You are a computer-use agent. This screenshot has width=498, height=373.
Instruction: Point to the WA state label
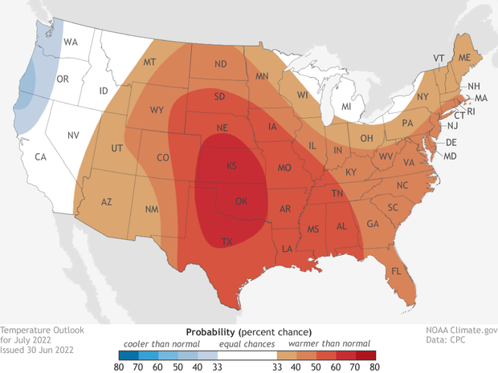pyautogui.click(x=71, y=42)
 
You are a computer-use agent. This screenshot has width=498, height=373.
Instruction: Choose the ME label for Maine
pyautogui.click(x=464, y=58)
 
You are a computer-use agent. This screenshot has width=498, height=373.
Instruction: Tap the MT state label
pyautogui.click(x=149, y=63)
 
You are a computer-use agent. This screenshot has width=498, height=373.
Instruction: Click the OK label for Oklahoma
pyautogui.click(x=241, y=201)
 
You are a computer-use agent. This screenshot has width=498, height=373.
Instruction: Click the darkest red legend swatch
pyautogui.click(x=370, y=355)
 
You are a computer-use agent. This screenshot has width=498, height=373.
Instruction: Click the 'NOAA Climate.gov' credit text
pyautogui.click(x=460, y=330)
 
